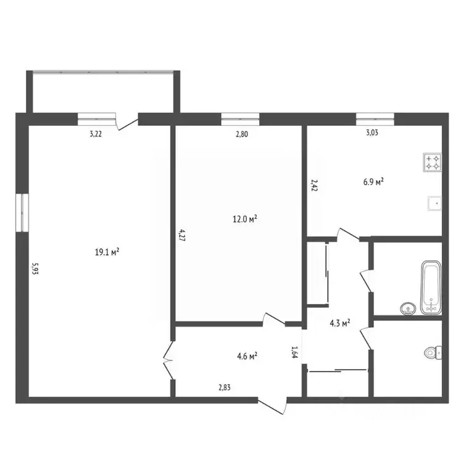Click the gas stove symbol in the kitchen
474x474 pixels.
(433, 162)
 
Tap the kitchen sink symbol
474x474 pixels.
(434, 203)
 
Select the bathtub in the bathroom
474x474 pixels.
(431, 287)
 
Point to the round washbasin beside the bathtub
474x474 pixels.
(408, 309)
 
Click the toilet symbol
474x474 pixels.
(433, 352)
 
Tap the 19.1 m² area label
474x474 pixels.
(107, 252)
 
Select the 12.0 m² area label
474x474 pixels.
(245, 218)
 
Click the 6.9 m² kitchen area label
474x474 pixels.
(373, 182)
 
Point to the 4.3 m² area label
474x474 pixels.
(340, 323)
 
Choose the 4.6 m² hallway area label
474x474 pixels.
(247, 355)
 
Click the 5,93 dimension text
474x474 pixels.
(35, 268)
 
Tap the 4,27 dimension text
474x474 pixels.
(182, 235)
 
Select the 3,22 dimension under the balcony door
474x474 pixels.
(96, 134)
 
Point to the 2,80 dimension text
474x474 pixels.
(242, 134)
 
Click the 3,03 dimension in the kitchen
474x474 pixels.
(372, 133)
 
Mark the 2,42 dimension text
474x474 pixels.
(314, 185)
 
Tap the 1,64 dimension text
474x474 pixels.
(294, 352)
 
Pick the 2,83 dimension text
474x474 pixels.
(225, 387)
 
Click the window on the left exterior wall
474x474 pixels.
(22, 213)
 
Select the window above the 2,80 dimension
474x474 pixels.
(240, 119)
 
